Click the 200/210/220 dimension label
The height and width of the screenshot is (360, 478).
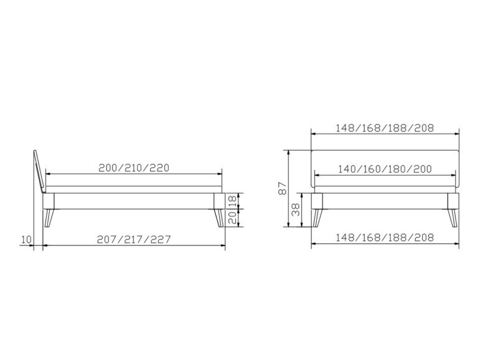[x=134, y=168]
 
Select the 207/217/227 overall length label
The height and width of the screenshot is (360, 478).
[x=134, y=239]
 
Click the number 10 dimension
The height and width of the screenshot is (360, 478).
[x=25, y=239]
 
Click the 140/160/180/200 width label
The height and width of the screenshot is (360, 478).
[x=387, y=169]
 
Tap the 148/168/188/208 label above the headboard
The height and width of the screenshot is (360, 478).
[x=385, y=129]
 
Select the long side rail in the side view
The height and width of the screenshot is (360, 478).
[x=133, y=201]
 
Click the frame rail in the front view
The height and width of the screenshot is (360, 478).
[x=385, y=201]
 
